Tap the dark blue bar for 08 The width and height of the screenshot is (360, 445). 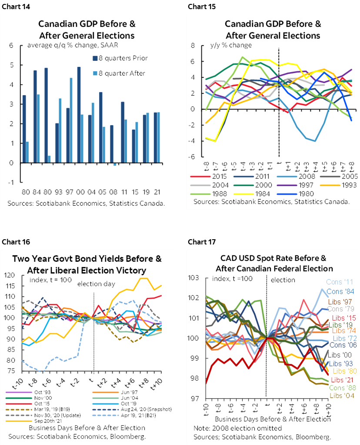click(x=111, y=144)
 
